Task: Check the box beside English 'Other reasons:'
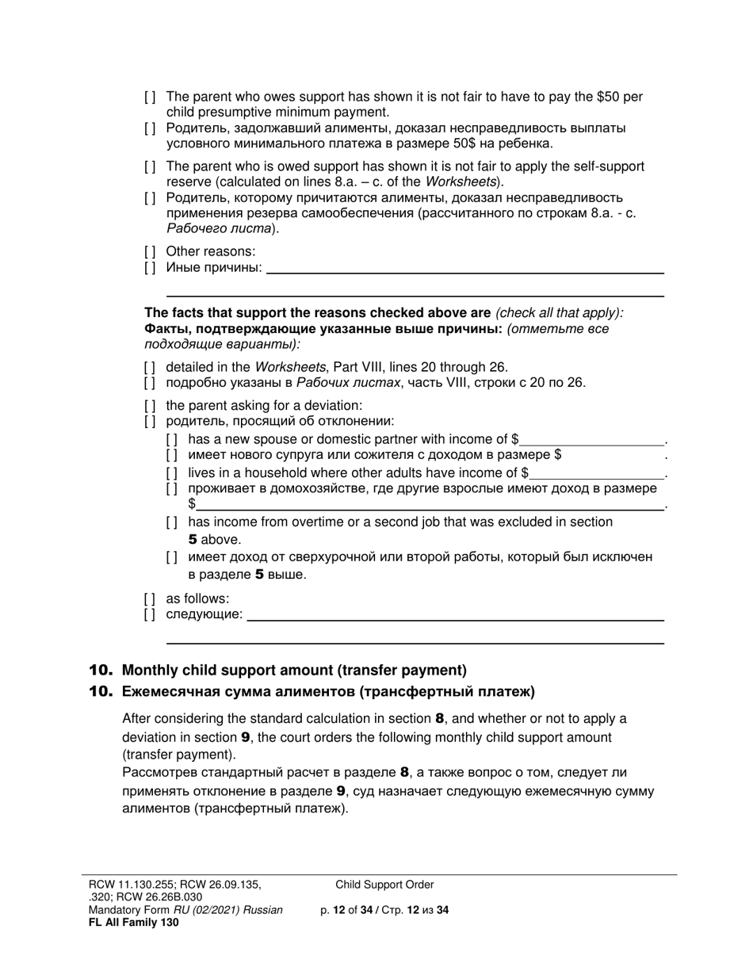pos(150,252)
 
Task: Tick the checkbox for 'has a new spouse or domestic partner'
pos(172,439)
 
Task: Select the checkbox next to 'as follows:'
pos(150,598)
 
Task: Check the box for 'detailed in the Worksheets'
pos(150,367)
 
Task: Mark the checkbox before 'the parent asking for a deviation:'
pos(150,406)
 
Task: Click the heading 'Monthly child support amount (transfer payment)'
pos(294,670)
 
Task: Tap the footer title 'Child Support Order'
pos(384,885)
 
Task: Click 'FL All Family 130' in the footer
pos(134,922)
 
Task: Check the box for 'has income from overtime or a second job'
pos(172,522)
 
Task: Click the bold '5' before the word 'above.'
pos(193,540)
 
